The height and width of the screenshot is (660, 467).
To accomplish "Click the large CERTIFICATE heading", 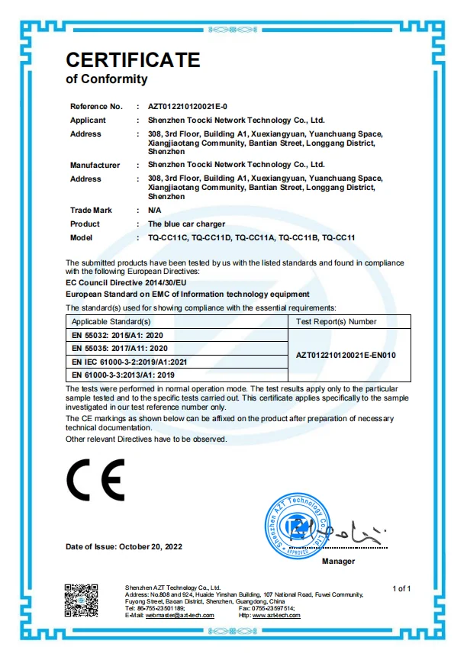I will click(133, 60).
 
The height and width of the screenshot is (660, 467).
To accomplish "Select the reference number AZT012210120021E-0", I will click(188, 107).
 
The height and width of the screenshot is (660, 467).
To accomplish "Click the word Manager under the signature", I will click(338, 562).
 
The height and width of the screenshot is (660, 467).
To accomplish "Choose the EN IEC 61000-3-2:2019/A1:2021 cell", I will click(130, 362).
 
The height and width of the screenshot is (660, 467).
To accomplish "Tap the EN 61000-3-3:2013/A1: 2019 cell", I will click(123, 375).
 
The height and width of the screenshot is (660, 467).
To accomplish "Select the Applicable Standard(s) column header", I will click(111, 322).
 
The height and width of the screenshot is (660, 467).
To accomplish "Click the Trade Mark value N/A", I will click(154, 211).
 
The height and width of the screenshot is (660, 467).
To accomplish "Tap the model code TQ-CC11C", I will click(167, 238).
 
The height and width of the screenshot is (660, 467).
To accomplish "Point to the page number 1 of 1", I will click(401, 588).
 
